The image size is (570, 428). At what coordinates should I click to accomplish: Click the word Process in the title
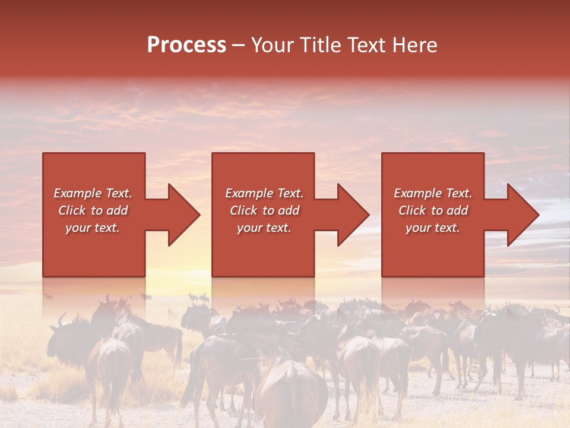(186, 45)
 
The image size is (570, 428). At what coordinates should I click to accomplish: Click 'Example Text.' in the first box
(93, 193)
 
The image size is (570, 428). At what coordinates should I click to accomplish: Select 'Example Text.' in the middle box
(264, 193)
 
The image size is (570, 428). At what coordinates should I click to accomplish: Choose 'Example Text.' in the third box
(433, 193)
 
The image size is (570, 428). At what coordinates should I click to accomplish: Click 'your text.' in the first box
(93, 228)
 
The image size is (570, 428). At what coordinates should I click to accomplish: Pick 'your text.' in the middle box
(264, 228)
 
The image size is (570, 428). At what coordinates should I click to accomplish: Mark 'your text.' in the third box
(433, 228)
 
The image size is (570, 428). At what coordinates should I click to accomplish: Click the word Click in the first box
(72, 210)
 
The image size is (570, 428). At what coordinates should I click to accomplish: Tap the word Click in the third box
(413, 210)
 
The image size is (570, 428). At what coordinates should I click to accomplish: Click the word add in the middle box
(289, 210)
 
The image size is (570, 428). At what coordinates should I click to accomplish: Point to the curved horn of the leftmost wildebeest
(61, 320)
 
